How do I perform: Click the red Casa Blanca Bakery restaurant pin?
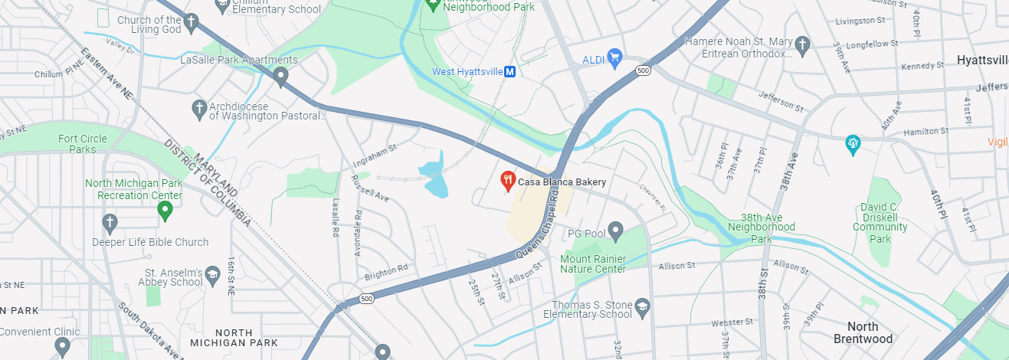click(x=507, y=182)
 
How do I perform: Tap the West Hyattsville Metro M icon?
click(x=509, y=72)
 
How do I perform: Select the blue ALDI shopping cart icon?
click(x=614, y=57)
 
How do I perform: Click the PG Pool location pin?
click(x=615, y=231)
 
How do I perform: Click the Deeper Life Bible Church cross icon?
click(x=110, y=223)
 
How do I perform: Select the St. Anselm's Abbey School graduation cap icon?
click(x=212, y=273)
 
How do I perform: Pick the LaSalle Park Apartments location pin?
click(x=281, y=76)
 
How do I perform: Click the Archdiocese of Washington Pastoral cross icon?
click(x=199, y=108)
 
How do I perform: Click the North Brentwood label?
click(x=863, y=332)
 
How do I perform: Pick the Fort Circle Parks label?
click(x=83, y=144)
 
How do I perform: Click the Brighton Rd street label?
click(x=387, y=272)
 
